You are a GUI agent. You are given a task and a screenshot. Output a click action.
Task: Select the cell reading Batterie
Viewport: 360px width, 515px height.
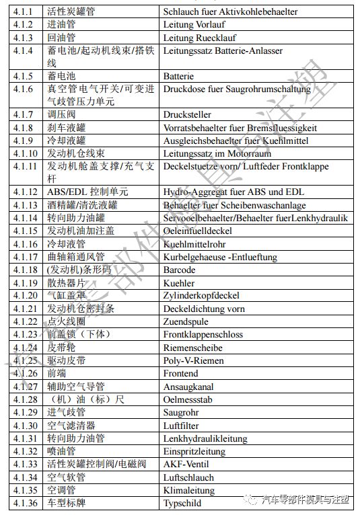click(x=178, y=76)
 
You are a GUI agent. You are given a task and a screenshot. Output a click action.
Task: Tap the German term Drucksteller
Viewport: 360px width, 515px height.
click(x=188, y=115)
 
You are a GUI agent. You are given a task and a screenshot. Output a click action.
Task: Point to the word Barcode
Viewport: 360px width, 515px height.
click(x=179, y=270)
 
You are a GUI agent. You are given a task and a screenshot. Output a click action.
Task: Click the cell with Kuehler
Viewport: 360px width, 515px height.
click(x=179, y=283)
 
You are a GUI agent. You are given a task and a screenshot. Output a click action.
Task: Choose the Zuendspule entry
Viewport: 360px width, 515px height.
click(x=186, y=321)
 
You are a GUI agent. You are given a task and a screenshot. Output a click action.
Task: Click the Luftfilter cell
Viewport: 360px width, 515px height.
click(x=181, y=425)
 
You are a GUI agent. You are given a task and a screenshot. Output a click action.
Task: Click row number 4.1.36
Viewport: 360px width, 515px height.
click(x=25, y=503)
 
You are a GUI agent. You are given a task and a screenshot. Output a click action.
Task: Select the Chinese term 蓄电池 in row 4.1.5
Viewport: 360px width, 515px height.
click(x=61, y=76)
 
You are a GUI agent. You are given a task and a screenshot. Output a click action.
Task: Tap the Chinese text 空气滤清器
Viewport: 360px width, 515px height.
click(x=71, y=425)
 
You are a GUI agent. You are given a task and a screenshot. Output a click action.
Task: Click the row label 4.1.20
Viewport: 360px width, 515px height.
click(x=25, y=296)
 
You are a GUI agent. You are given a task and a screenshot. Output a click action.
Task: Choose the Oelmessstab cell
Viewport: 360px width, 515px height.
click(x=188, y=399)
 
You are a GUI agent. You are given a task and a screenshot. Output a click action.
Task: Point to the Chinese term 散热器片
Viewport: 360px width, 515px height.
click(x=67, y=283)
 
